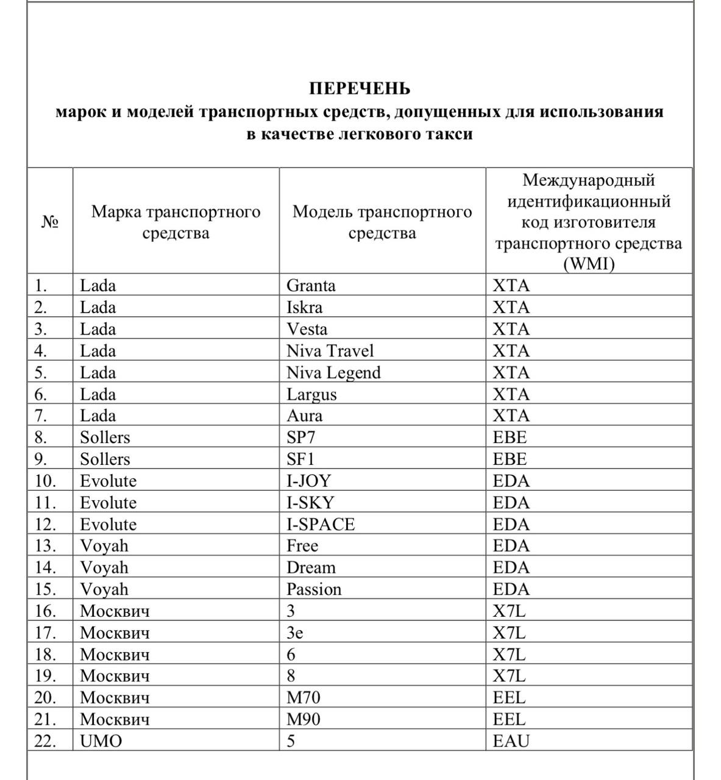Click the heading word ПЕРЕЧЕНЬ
360,89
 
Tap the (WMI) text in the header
589,264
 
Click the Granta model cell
311,286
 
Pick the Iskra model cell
305,307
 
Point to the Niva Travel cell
330,351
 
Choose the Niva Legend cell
333,373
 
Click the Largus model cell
311,395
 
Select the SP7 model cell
301,438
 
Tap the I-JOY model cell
308,481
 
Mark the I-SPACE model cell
321,525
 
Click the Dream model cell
311,568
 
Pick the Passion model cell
314,590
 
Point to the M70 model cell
303,698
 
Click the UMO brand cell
101,742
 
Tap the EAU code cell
511,742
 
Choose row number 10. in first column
45,481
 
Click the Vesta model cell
307,330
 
